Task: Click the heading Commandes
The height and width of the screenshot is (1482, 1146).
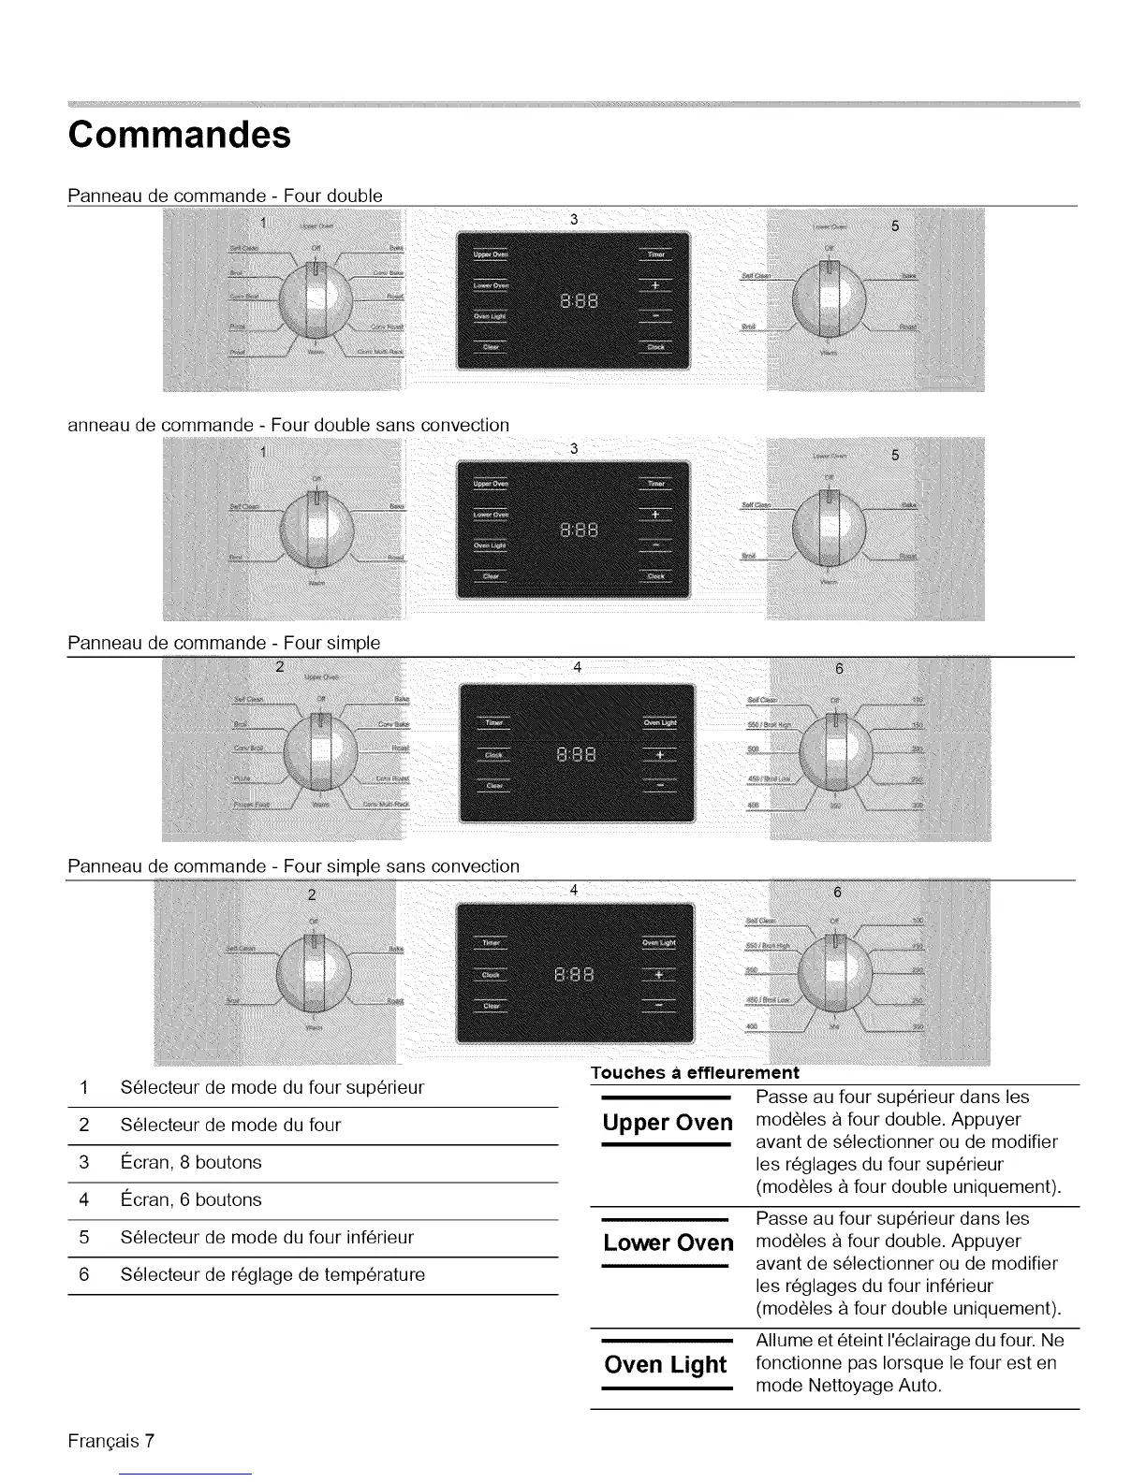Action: tap(179, 135)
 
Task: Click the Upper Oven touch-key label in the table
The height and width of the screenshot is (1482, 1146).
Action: tap(668, 1123)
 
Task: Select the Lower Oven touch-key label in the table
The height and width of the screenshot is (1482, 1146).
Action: tap(668, 1243)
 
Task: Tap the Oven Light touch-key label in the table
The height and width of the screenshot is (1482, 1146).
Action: tap(666, 1365)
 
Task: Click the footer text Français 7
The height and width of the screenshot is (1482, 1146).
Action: tap(110, 1441)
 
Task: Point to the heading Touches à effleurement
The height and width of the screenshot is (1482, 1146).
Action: tap(695, 1072)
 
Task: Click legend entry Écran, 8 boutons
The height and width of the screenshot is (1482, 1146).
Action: tap(191, 1163)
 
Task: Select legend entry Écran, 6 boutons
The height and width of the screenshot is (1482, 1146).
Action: tap(191, 1200)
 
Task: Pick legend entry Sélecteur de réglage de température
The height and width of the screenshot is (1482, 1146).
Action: tap(272, 1275)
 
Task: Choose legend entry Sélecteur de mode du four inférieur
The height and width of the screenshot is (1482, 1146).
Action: tap(267, 1238)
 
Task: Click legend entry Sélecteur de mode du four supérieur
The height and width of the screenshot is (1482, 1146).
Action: tap(272, 1088)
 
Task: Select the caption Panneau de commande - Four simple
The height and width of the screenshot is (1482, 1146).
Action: tap(224, 643)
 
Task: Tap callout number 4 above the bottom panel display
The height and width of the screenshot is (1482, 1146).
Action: tap(574, 892)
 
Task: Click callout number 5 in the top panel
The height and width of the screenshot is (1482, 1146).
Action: tap(895, 226)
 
